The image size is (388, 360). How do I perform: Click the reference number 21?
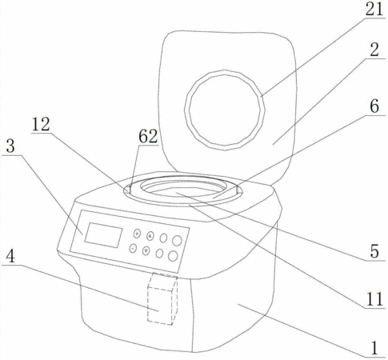coord(374,10)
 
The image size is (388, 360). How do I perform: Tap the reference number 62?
coord(148,137)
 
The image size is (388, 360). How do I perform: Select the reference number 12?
coord(41,124)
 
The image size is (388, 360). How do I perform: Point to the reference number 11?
coord(374,299)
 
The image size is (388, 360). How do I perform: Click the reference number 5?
coord(374,251)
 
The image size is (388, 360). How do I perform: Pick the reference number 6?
coord(374,106)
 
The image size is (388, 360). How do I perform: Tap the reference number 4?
coord(10,257)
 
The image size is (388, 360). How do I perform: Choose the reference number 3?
coord(10,146)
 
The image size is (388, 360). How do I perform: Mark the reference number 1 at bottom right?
coord(374,348)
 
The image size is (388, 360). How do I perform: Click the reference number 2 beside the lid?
coord(374,50)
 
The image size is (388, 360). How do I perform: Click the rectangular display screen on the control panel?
coord(103,235)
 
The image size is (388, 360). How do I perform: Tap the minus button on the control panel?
coord(133,249)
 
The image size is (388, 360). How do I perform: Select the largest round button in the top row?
coord(177,241)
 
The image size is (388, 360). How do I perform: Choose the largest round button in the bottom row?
coord(173,256)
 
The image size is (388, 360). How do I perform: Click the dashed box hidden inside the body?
coord(162,298)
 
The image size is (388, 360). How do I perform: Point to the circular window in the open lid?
coord(225,110)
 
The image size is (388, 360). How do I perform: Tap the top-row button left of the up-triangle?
coord(137,234)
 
